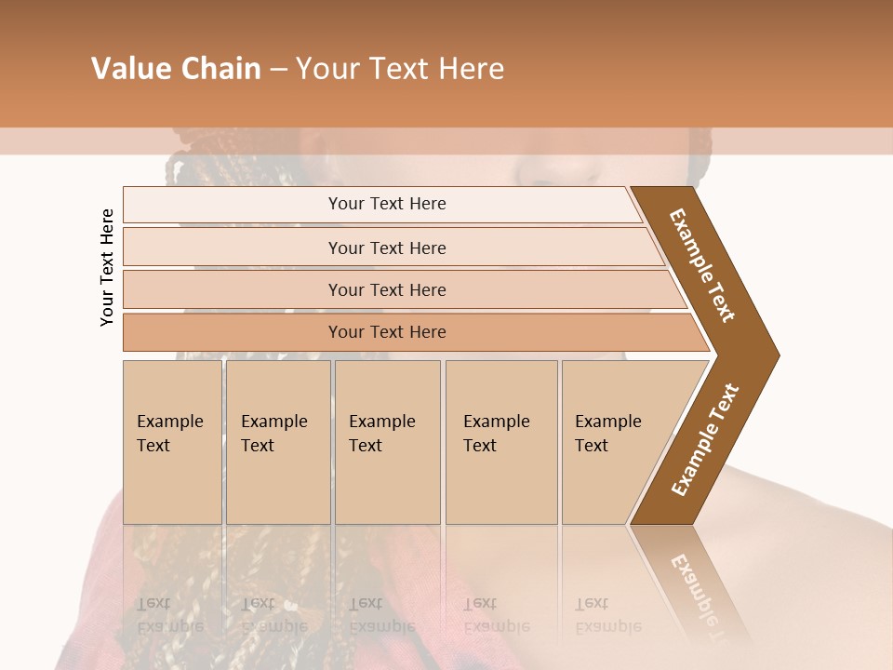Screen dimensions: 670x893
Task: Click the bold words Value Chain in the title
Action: pyautogui.click(x=176, y=69)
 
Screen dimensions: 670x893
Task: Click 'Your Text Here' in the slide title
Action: pyautogui.click(x=400, y=69)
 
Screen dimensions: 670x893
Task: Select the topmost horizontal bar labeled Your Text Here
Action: pyautogui.click(x=387, y=204)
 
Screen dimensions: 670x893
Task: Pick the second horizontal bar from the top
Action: pyautogui.click(x=387, y=248)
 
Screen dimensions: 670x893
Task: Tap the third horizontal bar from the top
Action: pyautogui.click(x=387, y=289)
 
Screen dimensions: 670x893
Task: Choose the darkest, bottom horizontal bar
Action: pyautogui.click(x=387, y=332)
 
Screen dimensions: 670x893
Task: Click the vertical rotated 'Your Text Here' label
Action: pyautogui.click(x=107, y=267)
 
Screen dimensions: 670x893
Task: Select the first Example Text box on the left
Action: pyautogui.click(x=172, y=442)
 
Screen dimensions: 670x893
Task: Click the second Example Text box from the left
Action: pyautogui.click(x=277, y=442)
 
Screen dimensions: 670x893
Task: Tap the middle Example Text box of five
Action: pyautogui.click(x=387, y=442)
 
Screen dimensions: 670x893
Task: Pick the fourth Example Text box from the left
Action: pyautogui.click(x=500, y=442)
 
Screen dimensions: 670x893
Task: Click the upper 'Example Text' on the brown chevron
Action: pyautogui.click(x=702, y=264)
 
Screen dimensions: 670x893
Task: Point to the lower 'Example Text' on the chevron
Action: pyautogui.click(x=705, y=439)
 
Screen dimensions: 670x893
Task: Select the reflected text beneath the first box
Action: pyautogui.click(x=170, y=614)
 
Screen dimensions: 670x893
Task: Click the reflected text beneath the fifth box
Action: pyautogui.click(x=608, y=614)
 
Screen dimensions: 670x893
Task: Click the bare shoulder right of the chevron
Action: pyautogui.click(x=819, y=521)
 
